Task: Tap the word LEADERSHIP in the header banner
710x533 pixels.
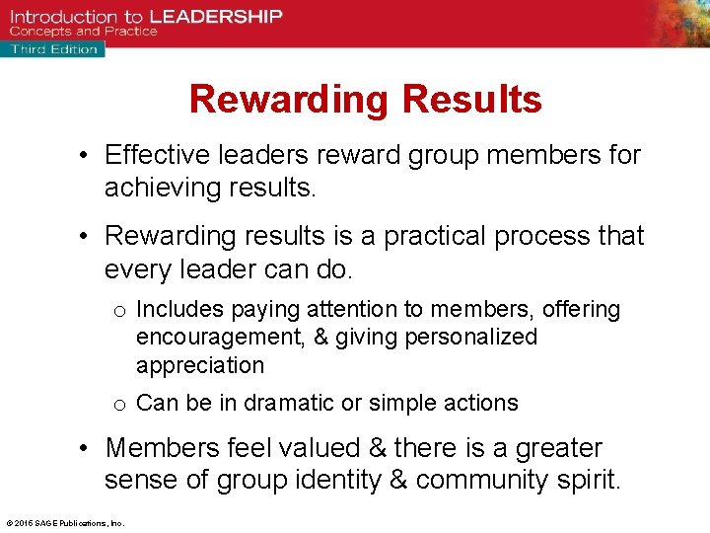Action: click(x=215, y=16)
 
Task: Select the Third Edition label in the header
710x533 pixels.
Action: click(x=53, y=48)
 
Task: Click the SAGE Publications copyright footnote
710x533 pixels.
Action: click(x=65, y=523)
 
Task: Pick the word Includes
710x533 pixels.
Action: click(x=179, y=310)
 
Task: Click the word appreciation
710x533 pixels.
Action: click(x=200, y=365)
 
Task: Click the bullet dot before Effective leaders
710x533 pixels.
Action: click(x=88, y=156)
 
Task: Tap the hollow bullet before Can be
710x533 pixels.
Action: click(x=119, y=404)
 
